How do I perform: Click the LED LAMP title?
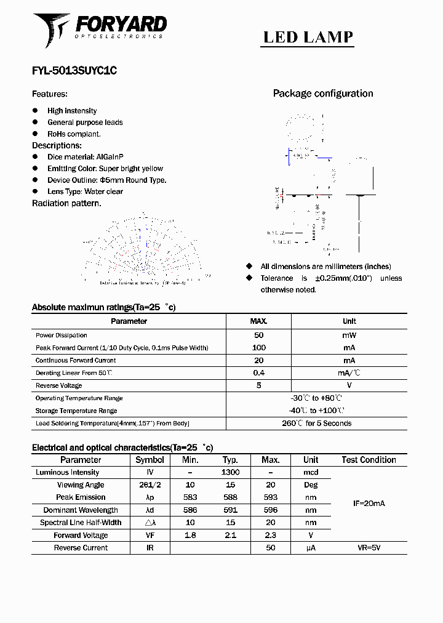(x=308, y=38)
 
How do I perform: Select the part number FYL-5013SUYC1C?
(x=74, y=71)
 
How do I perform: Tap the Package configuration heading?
(x=322, y=94)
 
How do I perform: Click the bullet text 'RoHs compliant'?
(x=74, y=134)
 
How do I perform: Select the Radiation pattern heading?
(x=66, y=203)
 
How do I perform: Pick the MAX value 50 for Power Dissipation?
(x=258, y=336)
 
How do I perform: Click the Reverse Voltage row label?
(x=58, y=385)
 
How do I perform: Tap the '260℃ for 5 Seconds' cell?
(x=316, y=424)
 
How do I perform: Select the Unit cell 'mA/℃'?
(x=349, y=373)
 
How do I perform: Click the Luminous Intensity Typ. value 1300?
(x=230, y=472)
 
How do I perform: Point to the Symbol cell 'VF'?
(x=150, y=536)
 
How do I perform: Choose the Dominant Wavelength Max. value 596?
(x=270, y=510)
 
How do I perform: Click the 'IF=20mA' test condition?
(x=369, y=504)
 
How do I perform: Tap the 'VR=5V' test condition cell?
(x=369, y=548)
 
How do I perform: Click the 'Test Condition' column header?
(x=369, y=460)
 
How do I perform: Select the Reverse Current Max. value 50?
(x=270, y=548)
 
